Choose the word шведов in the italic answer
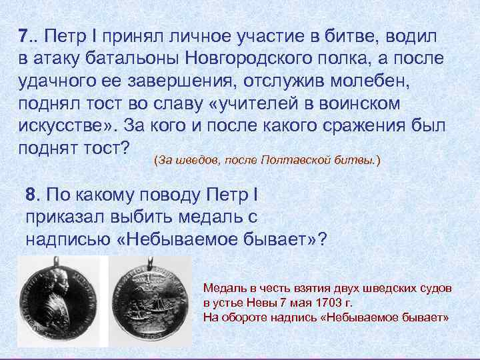click(194, 161)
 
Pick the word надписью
click(65, 239)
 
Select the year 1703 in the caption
click(328, 303)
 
